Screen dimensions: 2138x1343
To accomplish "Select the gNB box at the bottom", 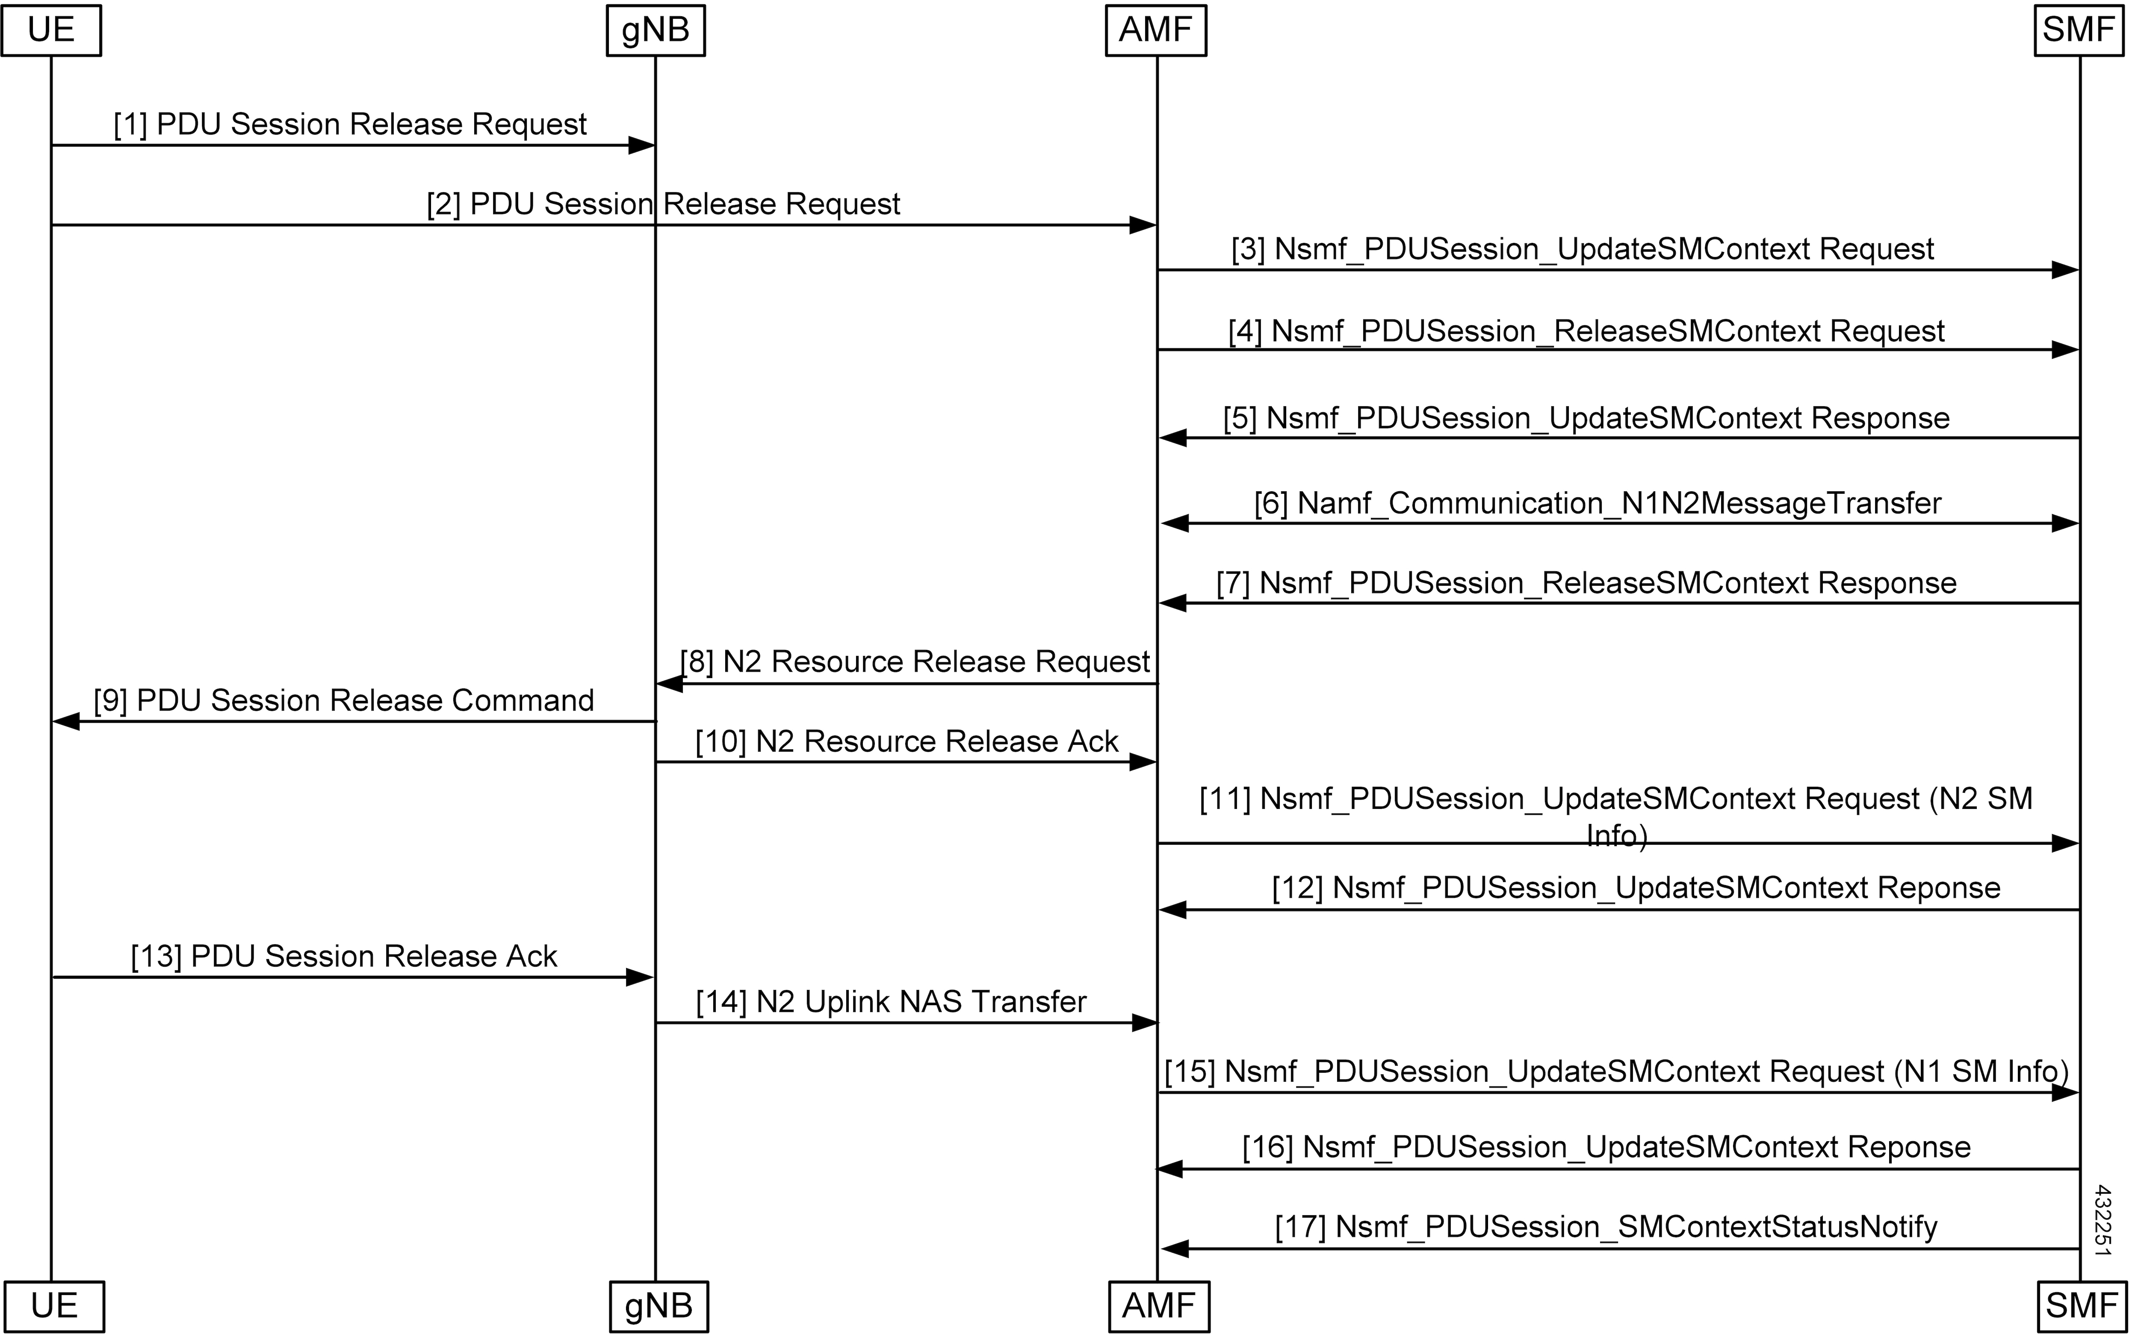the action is point(659,1307).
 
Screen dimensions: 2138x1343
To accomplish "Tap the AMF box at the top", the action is point(1156,30).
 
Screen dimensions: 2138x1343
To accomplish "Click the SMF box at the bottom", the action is point(2082,1307).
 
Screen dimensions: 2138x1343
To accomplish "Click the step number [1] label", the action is point(130,124).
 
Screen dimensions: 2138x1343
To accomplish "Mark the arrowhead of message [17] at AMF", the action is point(1175,1249).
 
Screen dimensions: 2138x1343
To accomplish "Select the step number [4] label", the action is point(1245,331).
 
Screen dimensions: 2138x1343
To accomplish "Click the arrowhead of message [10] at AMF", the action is point(1143,762).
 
